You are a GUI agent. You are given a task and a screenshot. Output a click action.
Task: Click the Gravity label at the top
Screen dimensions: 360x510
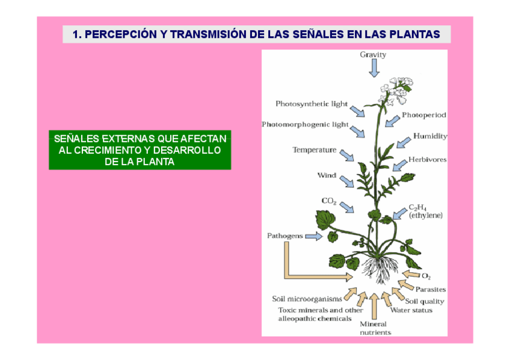373,55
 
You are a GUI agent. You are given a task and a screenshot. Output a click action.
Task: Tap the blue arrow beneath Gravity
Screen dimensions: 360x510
374,69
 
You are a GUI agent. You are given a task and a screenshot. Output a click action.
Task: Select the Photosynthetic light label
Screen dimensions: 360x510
312,104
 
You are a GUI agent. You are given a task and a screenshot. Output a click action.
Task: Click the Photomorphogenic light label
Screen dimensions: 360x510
305,124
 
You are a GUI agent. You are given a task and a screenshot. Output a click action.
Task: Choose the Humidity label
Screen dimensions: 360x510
430,136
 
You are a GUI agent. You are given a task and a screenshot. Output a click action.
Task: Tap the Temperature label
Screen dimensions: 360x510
314,150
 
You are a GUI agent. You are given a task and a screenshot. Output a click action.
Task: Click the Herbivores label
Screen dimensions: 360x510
428,160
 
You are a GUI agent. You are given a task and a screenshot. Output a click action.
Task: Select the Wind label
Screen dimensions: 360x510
327,175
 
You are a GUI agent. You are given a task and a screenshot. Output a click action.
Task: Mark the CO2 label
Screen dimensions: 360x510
329,201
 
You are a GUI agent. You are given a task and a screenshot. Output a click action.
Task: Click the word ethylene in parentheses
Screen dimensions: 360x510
426,215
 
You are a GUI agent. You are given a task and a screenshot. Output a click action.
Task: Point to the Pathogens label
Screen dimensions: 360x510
284,236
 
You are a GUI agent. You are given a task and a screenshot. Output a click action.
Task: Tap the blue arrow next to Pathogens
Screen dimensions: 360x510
313,236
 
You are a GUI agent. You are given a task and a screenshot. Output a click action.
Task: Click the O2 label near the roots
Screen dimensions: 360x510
426,276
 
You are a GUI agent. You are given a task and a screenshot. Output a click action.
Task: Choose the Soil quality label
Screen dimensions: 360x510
425,301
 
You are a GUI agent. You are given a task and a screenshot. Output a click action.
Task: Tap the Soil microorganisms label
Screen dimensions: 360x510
307,299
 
